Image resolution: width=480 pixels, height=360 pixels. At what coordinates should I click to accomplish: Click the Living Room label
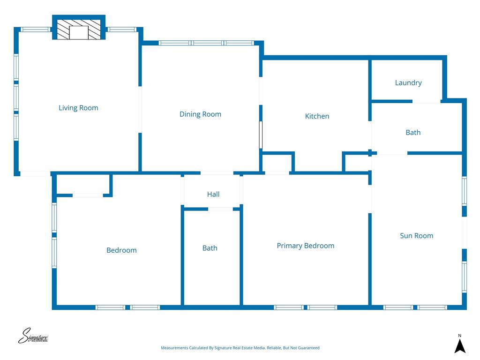78,108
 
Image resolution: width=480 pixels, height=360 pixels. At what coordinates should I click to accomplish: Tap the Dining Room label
200,114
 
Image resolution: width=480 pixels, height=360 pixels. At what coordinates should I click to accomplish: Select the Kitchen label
317,116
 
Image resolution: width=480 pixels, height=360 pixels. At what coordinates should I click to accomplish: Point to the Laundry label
408,82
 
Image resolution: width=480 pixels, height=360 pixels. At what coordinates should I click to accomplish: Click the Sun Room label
416,235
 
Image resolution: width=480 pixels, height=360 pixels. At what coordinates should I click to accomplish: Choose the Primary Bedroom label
305,246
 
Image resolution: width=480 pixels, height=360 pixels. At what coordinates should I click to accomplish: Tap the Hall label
213,194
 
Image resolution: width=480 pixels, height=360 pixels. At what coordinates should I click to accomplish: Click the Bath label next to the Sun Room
412,132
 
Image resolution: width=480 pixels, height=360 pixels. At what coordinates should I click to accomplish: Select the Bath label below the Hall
210,248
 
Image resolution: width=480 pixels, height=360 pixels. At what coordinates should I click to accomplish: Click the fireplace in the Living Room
78,29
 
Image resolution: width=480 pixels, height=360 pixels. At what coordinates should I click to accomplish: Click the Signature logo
33,336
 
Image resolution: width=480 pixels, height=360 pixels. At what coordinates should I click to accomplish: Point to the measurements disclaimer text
240,348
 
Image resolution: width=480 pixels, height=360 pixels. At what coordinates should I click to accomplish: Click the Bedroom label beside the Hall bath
121,250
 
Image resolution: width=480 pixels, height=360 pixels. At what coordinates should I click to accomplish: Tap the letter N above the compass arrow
460,335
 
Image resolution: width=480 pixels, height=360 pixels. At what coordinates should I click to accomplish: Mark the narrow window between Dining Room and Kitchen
261,135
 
